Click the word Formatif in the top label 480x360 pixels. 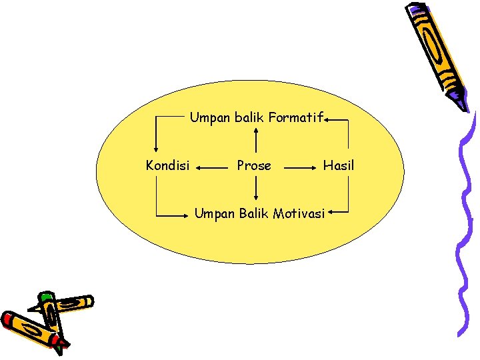(x=296, y=118)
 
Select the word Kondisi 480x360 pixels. (x=167, y=165)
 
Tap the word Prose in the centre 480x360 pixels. (x=254, y=165)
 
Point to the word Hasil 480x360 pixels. (x=339, y=165)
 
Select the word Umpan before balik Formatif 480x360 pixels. (x=209, y=118)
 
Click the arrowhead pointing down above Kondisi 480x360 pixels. (x=156, y=149)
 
